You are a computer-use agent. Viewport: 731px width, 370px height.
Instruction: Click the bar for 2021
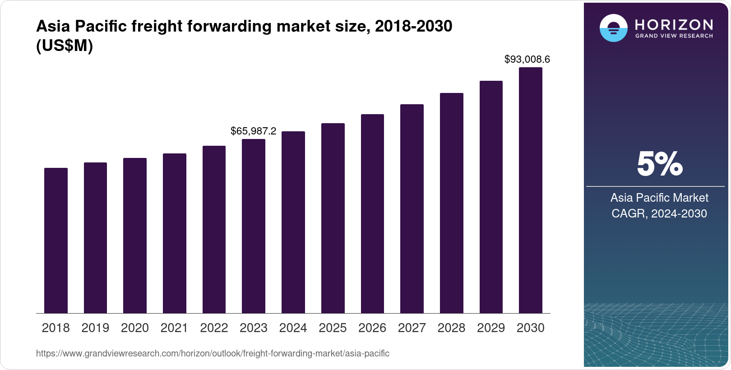175,233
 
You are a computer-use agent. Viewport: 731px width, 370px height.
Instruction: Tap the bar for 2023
254,226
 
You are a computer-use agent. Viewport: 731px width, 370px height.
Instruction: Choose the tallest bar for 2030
531,190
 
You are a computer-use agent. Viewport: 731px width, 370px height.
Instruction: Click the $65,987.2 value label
253,131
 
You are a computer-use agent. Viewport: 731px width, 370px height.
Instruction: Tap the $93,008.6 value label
527,60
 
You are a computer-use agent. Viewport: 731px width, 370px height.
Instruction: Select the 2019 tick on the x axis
95,328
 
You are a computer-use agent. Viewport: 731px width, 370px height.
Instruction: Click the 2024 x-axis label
293,328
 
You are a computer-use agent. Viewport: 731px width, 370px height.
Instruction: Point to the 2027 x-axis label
412,328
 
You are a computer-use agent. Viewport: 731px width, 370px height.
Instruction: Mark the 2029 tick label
491,328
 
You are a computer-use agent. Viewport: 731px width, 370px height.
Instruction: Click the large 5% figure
659,164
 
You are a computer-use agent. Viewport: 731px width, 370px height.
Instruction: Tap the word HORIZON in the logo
674,24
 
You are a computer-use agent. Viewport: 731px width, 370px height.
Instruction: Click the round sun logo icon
613,28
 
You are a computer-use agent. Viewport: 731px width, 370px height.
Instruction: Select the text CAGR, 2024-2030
659,213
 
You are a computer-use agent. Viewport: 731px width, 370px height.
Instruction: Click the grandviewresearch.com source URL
213,354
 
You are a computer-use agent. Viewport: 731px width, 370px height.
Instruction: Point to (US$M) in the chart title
64,46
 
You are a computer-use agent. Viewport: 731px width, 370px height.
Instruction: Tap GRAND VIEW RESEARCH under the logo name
674,36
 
